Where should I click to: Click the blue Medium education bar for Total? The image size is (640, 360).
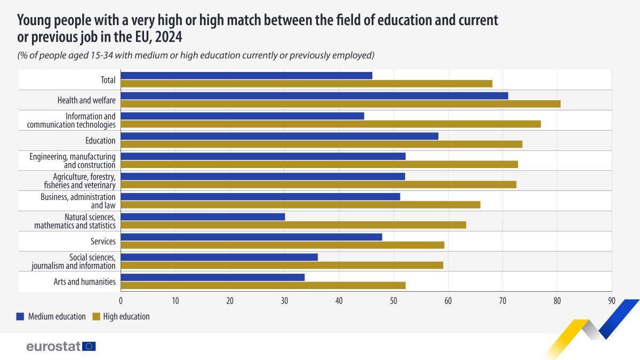[246, 75]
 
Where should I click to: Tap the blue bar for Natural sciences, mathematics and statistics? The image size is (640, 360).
[203, 217]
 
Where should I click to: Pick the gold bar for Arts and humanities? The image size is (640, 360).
[263, 285]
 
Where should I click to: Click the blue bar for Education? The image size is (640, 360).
[279, 136]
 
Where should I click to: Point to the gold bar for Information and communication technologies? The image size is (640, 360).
[331, 124]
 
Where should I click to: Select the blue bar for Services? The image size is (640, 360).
[251, 237]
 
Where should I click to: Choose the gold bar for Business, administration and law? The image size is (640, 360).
[300, 205]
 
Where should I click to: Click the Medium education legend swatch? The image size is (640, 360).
[21, 316]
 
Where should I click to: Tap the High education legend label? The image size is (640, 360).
[126, 316]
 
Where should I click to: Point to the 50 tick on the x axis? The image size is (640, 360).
[394, 301]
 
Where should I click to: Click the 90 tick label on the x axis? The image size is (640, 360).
[612, 301]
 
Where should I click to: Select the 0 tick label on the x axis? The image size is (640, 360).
[121, 301]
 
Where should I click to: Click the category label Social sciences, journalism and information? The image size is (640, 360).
[74, 261]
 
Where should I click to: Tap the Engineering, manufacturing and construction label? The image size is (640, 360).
[73, 161]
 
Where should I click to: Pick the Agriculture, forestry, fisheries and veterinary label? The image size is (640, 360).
[79, 181]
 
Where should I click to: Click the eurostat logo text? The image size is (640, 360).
[53, 346]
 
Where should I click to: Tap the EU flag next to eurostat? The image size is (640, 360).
[89, 346]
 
